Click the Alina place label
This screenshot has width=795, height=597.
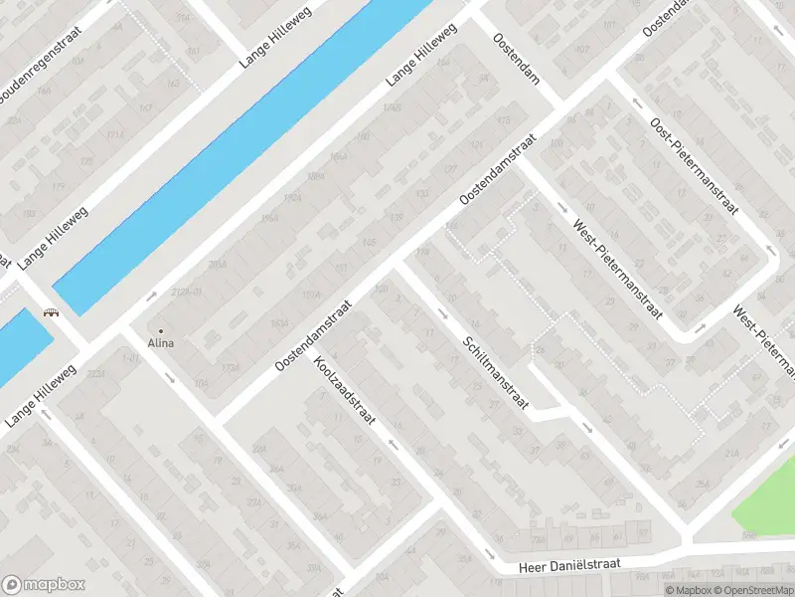161,343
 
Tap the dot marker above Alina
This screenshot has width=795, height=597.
161,330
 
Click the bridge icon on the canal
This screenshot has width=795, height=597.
49,312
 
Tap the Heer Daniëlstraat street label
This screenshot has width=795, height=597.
570,564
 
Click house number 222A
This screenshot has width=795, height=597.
96,372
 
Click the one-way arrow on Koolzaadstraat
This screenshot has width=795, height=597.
395,444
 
